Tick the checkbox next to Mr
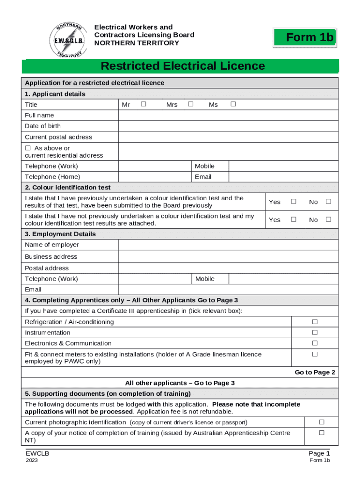pyautogui.click(x=144, y=104)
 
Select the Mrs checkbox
pyautogui.click(x=190, y=104)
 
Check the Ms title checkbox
pyautogui.click(x=233, y=104)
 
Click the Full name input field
pyautogui.click(x=228, y=115)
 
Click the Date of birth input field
pyautogui.click(x=228, y=126)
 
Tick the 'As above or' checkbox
pyautogui.click(x=28, y=148)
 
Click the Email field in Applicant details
pyautogui.click(x=283, y=177)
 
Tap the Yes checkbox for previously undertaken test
pyautogui.click(x=294, y=202)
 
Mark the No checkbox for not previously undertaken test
pyautogui.click(x=328, y=219)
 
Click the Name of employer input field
pyautogui.click(x=228, y=245)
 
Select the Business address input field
pyautogui.click(x=228, y=256)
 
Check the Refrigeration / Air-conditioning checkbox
pyautogui.click(x=315, y=322)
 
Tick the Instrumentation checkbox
pyautogui.click(x=315, y=333)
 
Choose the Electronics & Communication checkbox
pyautogui.click(x=315, y=343)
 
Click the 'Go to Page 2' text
pyautogui.click(x=315, y=372)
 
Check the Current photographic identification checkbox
pyautogui.click(x=321, y=422)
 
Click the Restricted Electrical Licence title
pyautogui.click(x=183, y=66)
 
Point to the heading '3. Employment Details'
pyautogui.click(x=60, y=234)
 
